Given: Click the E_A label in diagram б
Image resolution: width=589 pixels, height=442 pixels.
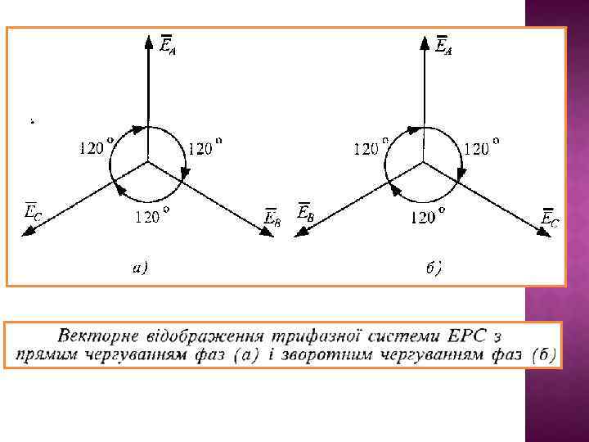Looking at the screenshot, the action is tap(443, 46).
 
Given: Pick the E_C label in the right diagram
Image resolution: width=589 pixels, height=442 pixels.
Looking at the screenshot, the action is tap(551, 218).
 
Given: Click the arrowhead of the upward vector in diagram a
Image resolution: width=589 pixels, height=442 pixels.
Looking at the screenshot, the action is tap(148, 41).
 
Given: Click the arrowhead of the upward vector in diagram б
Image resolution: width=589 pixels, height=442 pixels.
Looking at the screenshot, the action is tap(425, 41).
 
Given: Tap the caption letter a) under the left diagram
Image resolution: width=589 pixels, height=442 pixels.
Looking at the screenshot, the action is tap(140, 267).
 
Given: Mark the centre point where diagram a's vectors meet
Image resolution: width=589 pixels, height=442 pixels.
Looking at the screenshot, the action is tap(148, 161).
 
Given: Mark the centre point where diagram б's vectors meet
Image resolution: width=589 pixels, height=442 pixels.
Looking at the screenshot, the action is tap(425, 161).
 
